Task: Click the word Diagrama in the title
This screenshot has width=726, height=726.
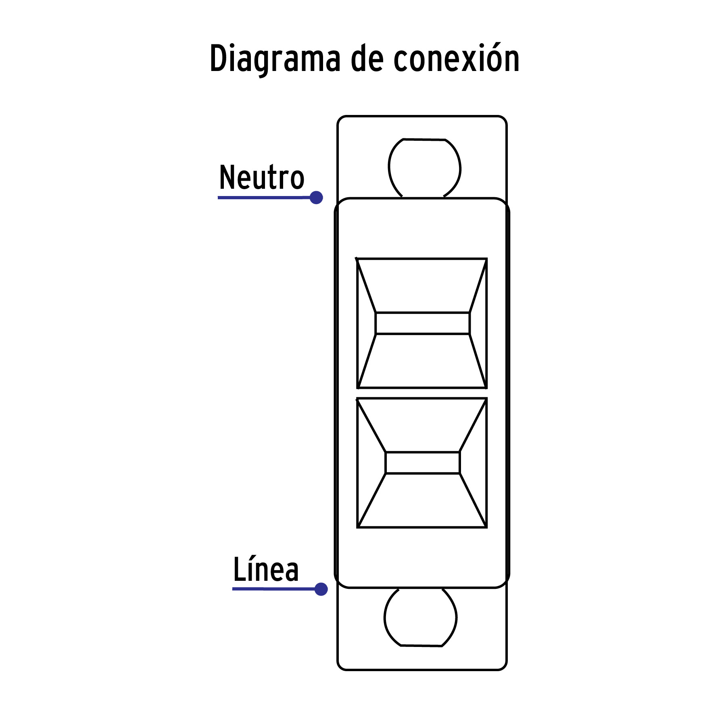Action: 275,59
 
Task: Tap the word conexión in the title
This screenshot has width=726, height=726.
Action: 456,58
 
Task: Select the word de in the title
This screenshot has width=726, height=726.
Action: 366,58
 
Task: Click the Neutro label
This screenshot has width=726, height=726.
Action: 261,177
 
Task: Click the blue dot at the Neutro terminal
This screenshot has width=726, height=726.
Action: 316,198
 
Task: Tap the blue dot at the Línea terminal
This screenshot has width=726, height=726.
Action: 321,589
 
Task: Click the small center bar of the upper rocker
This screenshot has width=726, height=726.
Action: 423,323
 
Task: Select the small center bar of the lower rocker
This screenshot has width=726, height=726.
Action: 423,463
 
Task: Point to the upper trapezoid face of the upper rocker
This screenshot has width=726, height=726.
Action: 422,285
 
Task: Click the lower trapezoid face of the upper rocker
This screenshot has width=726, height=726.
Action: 422,361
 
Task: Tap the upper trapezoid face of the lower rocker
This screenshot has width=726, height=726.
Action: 422,425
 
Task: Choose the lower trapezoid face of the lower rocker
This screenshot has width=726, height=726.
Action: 422,501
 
